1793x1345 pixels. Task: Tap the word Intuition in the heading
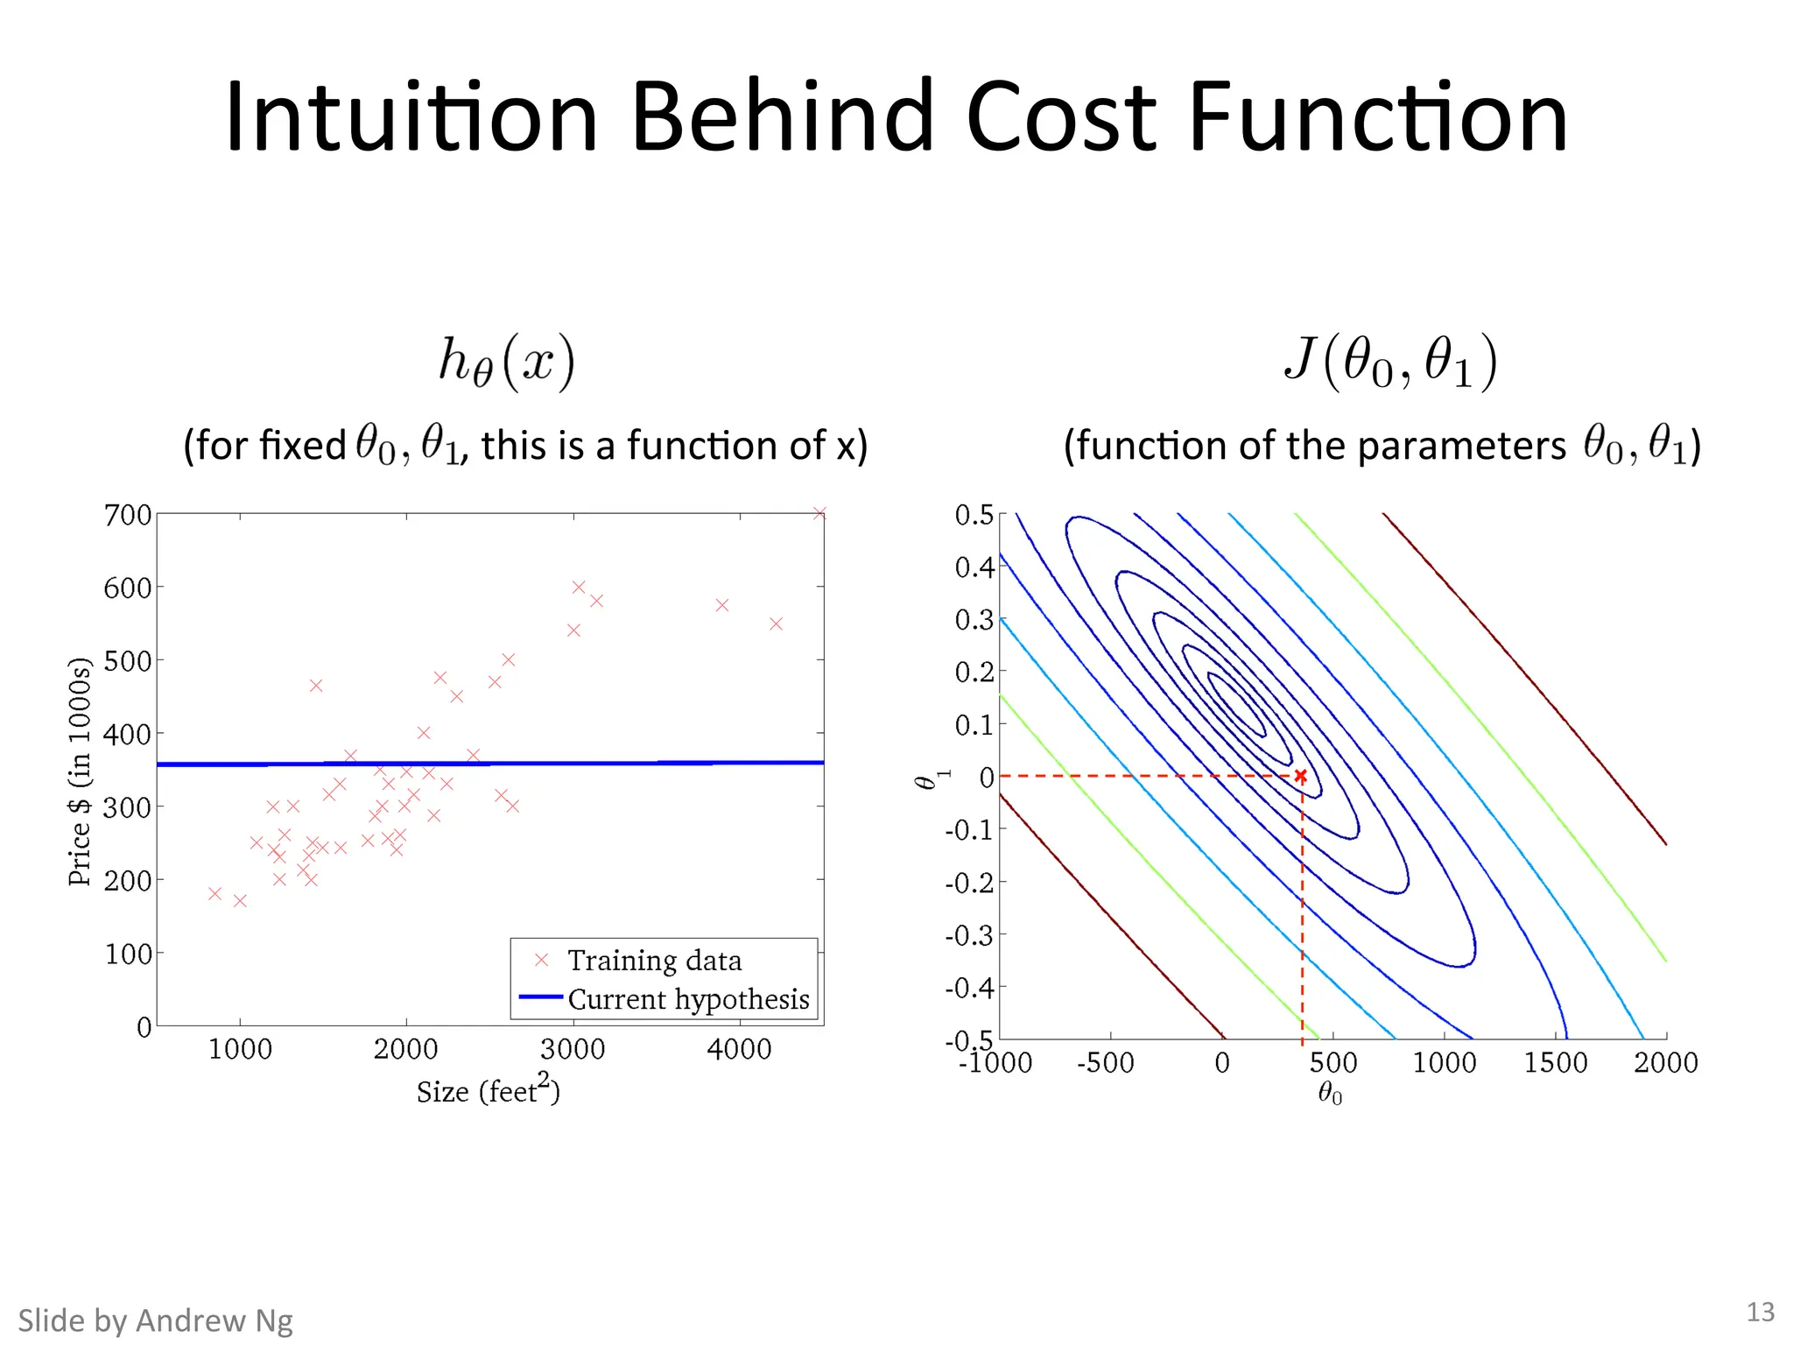coord(411,117)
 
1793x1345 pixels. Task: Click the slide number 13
coord(1760,1312)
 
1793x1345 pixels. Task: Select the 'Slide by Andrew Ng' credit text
coord(156,1320)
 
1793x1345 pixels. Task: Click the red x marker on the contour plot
coord(1301,776)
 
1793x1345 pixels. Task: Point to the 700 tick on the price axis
coord(128,515)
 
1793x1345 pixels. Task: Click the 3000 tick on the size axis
coord(573,1049)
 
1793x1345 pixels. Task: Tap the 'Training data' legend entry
coord(654,961)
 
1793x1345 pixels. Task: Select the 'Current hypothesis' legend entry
coord(688,999)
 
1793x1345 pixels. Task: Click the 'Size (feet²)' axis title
coord(488,1090)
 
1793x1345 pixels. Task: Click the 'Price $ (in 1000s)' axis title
coord(79,771)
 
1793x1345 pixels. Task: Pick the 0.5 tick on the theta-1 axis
coord(974,515)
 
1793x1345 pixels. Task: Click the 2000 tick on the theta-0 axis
coord(1665,1063)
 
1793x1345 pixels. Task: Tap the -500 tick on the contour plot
coord(1106,1063)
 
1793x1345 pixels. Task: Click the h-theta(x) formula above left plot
coord(507,362)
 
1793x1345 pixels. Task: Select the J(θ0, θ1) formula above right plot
coord(1391,362)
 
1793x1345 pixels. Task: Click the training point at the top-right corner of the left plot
coord(819,513)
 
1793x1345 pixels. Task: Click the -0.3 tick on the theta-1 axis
coord(970,936)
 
